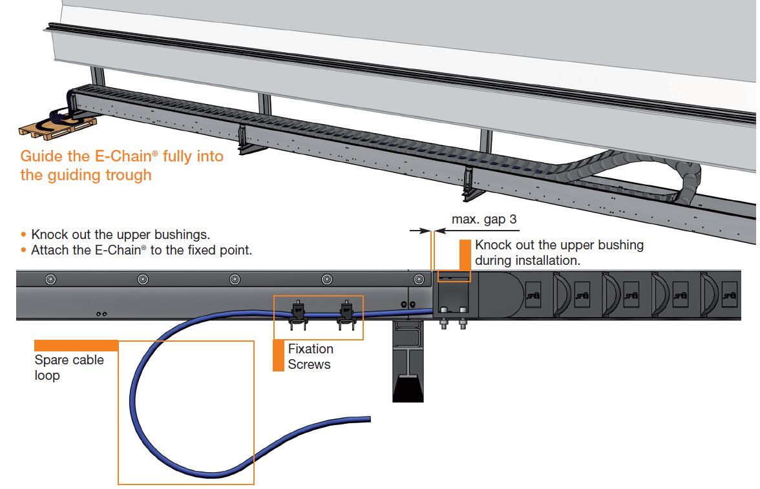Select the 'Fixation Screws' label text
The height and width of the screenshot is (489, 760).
310,357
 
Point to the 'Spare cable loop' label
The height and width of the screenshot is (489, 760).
69,368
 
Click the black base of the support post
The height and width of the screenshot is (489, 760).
408,388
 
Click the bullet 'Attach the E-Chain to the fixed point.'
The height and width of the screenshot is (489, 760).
141,250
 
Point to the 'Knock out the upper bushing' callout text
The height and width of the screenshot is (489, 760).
558,253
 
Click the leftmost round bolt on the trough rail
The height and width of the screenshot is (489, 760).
50,280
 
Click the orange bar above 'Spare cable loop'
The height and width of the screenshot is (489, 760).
76,345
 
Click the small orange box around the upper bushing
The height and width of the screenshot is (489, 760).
454,276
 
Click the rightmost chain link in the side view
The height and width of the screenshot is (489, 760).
730,295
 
